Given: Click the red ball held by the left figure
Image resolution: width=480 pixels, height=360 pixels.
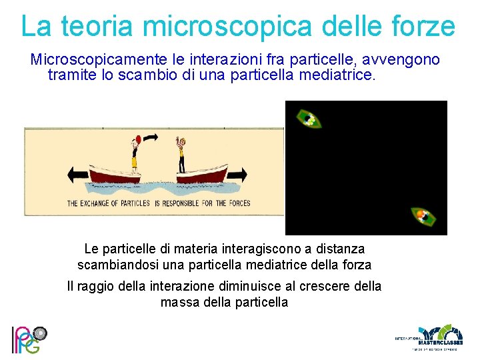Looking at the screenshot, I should click(x=137, y=139).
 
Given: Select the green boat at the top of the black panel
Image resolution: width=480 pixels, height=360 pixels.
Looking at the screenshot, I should click(x=308, y=119).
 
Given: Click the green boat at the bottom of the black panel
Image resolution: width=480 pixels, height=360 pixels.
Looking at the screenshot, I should click(x=423, y=217).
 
